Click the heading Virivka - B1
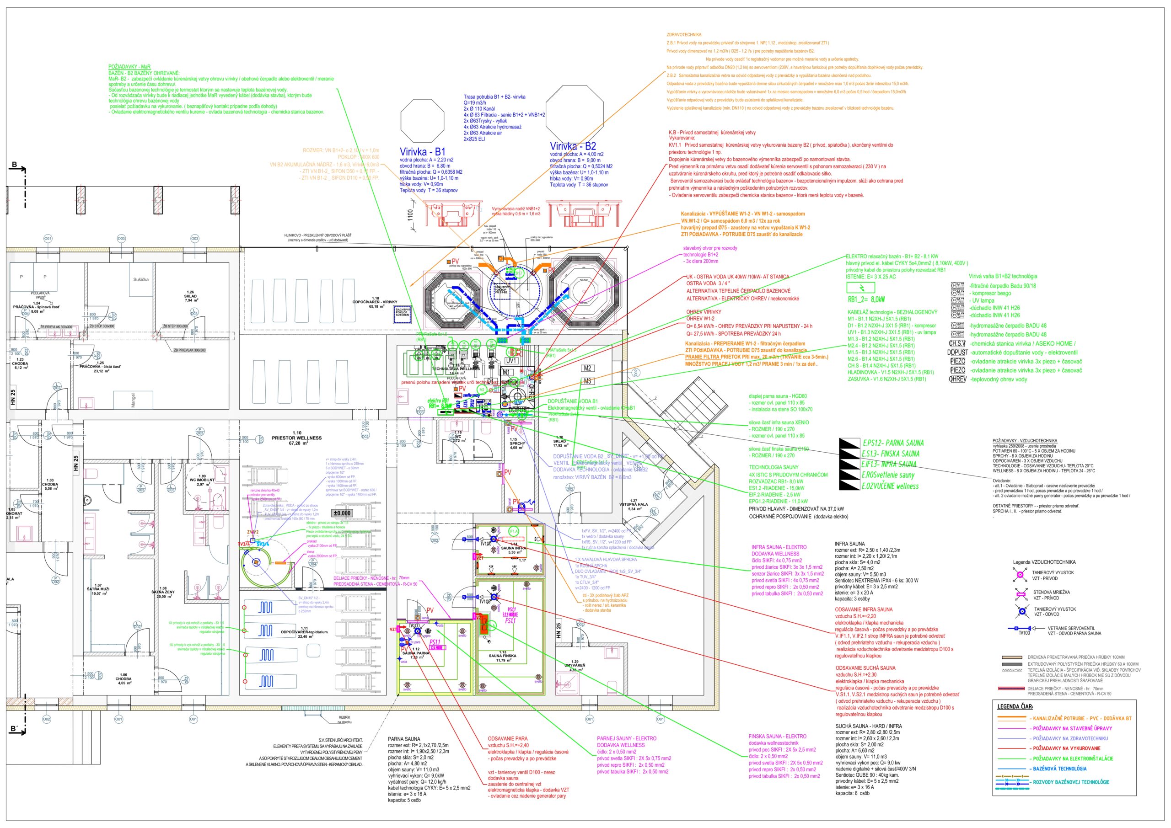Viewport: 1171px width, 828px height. (x=422, y=151)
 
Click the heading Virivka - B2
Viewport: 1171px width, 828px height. (x=573, y=146)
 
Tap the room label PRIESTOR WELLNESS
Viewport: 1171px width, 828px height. (x=297, y=438)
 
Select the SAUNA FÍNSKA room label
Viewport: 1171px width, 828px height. (x=502, y=656)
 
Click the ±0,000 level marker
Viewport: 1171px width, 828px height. (x=342, y=513)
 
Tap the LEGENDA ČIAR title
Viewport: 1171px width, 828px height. (x=1015, y=707)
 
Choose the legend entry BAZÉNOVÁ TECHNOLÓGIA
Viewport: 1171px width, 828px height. (x=1059, y=769)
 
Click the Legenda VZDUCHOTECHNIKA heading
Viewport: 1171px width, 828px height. (x=1044, y=562)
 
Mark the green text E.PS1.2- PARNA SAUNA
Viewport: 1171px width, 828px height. (x=892, y=443)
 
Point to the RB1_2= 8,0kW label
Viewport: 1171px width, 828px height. (x=866, y=300)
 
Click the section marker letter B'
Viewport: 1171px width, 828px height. (x=15, y=729)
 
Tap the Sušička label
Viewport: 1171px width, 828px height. (x=141, y=279)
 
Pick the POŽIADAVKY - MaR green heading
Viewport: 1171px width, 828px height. (x=129, y=67)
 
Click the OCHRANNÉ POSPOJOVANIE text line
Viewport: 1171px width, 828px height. (x=798, y=517)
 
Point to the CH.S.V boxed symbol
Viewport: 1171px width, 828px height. (x=957, y=344)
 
